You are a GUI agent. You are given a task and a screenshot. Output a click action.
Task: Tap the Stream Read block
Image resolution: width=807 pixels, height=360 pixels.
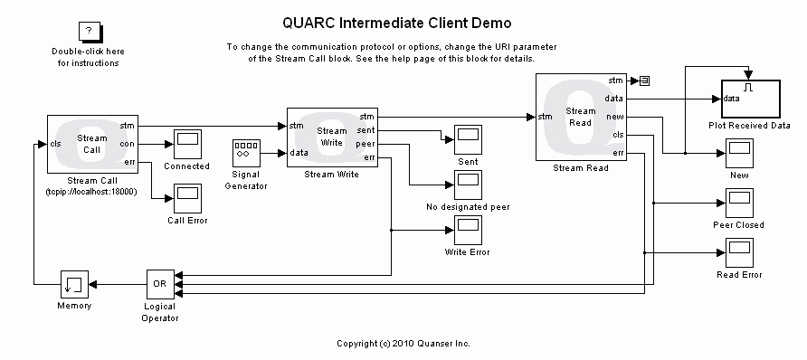pos(581,118)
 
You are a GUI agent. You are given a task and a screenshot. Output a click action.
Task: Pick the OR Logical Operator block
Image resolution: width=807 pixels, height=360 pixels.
pos(160,284)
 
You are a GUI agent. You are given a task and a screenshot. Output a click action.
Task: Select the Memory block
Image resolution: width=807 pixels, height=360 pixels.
pos(73,284)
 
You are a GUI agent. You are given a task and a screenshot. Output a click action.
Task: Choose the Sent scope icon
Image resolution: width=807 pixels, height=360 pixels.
pos(468,138)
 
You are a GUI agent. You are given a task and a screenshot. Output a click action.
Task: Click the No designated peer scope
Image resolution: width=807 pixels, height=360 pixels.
pos(468,185)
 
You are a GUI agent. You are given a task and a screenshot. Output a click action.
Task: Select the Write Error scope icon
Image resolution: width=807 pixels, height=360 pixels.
pos(468,231)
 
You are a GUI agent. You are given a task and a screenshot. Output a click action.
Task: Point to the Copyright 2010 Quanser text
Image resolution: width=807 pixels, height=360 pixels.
pos(403,344)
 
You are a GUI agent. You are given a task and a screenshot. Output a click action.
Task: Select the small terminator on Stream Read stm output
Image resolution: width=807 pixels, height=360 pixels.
pos(644,81)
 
